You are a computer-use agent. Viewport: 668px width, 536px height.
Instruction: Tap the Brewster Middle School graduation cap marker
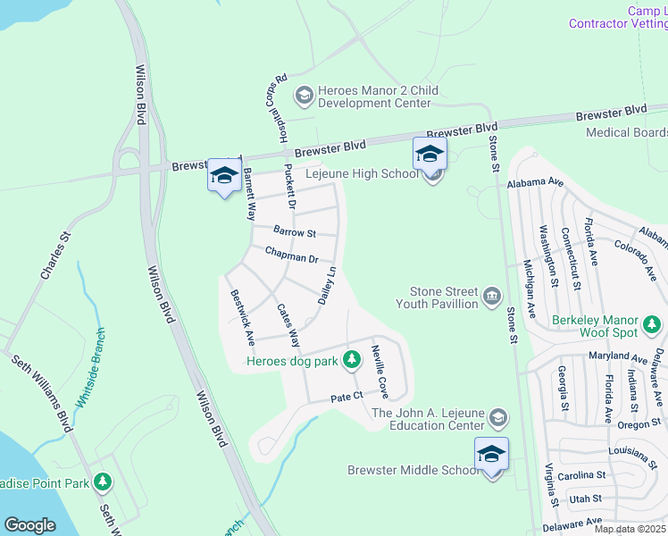click(x=491, y=455)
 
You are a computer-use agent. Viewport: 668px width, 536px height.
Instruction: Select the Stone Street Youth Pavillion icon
click(x=491, y=297)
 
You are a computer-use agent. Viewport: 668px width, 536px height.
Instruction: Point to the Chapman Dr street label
click(x=292, y=257)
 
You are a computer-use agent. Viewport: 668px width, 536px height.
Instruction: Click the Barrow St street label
click(x=295, y=232)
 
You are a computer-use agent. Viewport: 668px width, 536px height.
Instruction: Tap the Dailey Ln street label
click(x=326, y=285)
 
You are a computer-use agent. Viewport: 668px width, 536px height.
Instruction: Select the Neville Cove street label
click(x=380, y=371)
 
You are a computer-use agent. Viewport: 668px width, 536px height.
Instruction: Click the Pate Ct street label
click(x=347, y=396)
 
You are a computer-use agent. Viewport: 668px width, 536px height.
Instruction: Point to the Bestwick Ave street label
click(x=242, y=317)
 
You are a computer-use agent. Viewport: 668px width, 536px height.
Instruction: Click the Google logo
click(x=29, y=525)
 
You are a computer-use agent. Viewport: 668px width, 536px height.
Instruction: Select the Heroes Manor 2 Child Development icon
click(x=305, y=93)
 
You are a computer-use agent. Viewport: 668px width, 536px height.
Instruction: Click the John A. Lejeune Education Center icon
click(x=498, y=417)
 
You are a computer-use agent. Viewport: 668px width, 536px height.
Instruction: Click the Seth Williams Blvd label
click(x=41, y=393)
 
